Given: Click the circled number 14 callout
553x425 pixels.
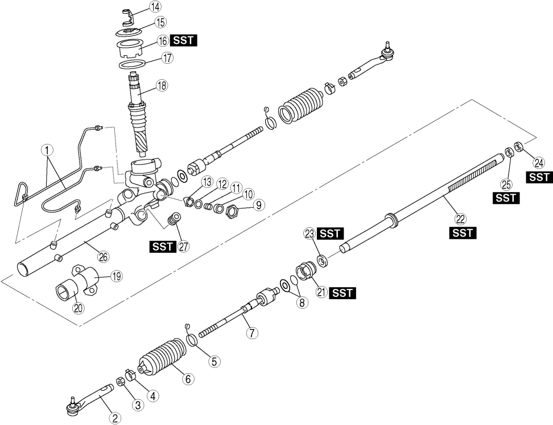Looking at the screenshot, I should coord(155,7).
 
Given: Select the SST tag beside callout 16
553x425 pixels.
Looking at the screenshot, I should coord(184,41).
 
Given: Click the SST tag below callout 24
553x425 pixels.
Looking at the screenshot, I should coord(539,177).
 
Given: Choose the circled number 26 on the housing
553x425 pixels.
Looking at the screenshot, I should coord(103,257).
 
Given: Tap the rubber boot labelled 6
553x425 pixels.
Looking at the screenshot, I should coord(162,357).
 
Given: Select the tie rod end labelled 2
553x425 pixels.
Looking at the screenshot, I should coord(91,399).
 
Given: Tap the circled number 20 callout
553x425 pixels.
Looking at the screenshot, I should coord(77,308).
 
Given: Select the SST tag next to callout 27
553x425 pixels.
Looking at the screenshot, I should coord(163,247).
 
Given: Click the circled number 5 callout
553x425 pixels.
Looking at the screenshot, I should coord(213,361).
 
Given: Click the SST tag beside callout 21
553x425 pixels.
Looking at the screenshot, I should coord(343,293).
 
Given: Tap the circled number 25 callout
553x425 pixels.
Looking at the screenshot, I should coord(505,184).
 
